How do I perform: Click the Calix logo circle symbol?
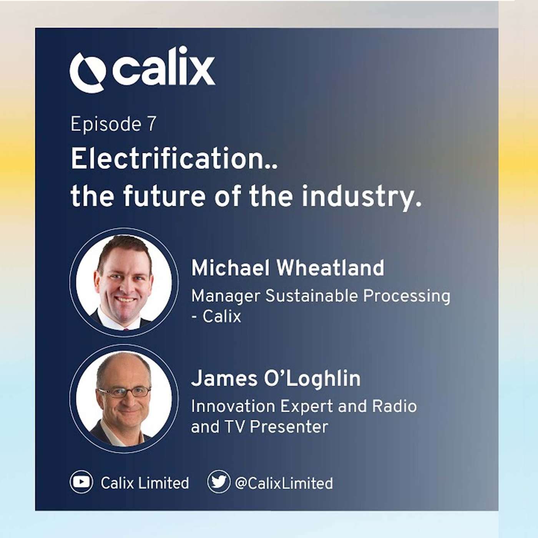click(88, 72)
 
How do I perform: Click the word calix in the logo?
click(164, 67)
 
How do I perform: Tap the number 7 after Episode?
click(151, 124)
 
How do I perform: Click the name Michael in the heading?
click(230, 267)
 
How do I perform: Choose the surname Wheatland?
click(330, 267)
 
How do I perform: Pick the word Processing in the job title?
click(407, 297)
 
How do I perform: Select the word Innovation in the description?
click(233, 406)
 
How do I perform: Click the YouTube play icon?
click(81, 482)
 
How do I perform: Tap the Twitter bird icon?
click(218, 481)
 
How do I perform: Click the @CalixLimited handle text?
click(284, 483)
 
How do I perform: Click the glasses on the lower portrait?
click(125, 392)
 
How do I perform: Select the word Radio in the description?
click(395, 406)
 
